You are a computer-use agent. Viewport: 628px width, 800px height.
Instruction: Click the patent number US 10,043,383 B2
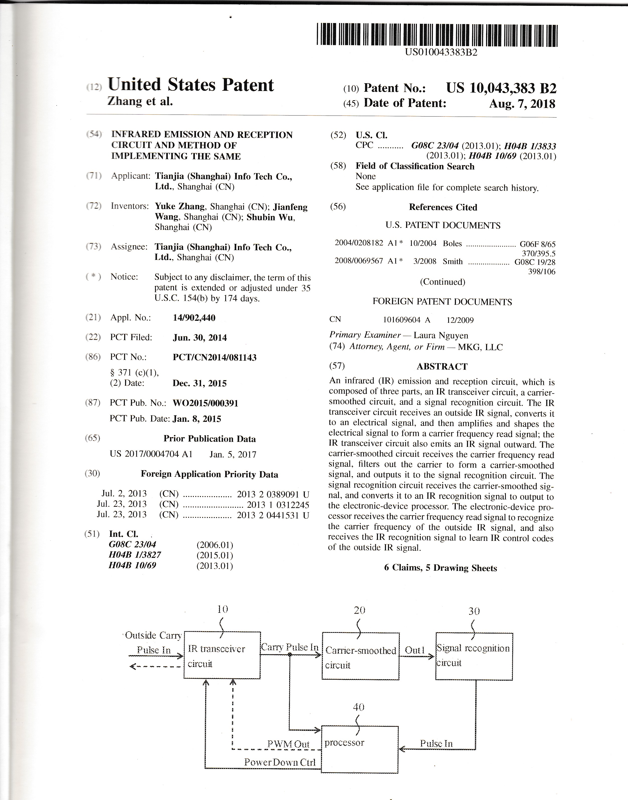(x=501, y=88)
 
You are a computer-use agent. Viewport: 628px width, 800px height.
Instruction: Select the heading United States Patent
(x=190, y=85)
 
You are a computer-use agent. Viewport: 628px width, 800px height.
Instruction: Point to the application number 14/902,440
(x=194, y=318)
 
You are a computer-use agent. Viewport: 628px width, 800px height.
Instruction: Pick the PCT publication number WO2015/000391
(x=205, y=403)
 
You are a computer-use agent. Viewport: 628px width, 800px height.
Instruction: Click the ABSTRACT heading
(x=442, y=366)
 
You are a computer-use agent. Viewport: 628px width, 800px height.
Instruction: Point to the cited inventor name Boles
(x=452, y=244)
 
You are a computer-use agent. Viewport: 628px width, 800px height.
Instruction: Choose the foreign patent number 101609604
(x=402, y=320)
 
